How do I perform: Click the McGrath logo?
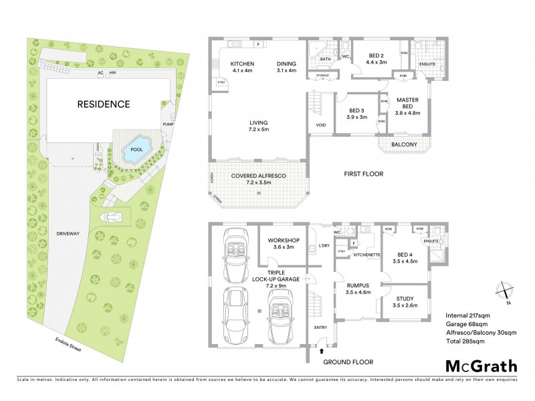click(x=481, y=366)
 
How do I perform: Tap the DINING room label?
click(x=286, y=67)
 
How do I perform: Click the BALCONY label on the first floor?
click(x=404, y=144)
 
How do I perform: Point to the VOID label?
click(x=320, y=125)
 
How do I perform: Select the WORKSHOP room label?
click(x=284, y=243)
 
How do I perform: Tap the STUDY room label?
click(x=406, y=302)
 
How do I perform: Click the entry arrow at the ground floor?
click(x=322, y=350)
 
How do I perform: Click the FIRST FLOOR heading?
click(x=364, y=175)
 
